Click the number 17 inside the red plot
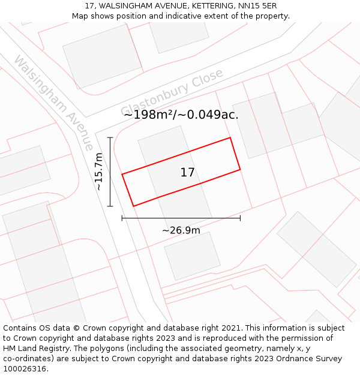pyautogui.click(x=187, y=173)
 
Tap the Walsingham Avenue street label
pyautogui.click(x=53, y=103)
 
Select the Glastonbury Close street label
pyautogui.click(x=172, y=92)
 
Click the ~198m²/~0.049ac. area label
pyautogui.click(x=181, y=115)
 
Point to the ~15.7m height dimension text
pyautogui.click(x=99, y=172)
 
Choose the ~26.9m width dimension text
pyautogui.click(x=181, y=230)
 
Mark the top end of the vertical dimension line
pyautogui.click(x=110, y=137)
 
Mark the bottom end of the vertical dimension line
pyautogui.click(x=110, y=206)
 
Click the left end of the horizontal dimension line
pyautogui.click(x=122, y=218)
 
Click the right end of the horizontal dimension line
pyautogui.click(x=240, y=218)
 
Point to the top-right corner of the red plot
pyautogui.click(x=230, y=138)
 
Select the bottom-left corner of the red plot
pyautogui.click(x=133, y=206)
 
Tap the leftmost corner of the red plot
pyautogui.click(x=122, y=175)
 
